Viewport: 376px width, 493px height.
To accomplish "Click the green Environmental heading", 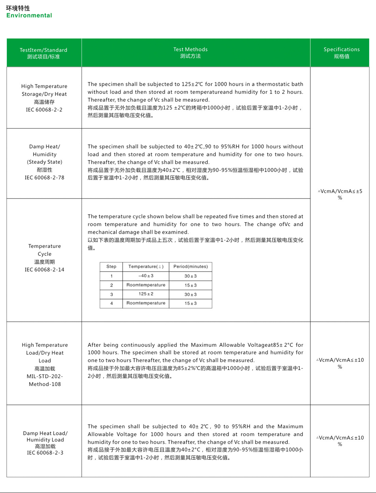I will tap(29, 15).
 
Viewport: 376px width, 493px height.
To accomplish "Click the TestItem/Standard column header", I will tap(44, 50).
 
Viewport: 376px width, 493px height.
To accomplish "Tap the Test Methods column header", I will tap(190, 49).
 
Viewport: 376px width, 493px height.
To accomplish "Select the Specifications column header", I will tap(342, 49).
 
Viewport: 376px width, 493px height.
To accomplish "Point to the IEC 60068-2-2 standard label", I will tap(44, 110).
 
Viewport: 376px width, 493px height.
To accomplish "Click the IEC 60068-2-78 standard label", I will tap(44, 178).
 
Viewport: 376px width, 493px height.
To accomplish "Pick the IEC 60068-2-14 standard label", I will tap(44, 270).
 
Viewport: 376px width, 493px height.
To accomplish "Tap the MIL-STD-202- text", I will tap(45, 376).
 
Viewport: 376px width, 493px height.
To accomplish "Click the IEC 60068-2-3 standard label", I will tap(44, 453).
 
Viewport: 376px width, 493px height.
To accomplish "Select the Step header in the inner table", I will tap(111, 267).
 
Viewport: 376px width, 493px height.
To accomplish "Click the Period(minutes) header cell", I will tap(190, 267).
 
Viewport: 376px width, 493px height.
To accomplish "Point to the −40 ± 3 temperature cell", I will tap(146, 276).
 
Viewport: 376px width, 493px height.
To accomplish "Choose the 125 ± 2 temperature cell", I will tap(146, 294).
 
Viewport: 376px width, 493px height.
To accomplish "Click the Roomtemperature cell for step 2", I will tap(146, 285).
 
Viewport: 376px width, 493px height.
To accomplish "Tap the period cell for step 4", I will tap(190, 304).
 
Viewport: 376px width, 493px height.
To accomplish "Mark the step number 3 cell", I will tap(111, 295).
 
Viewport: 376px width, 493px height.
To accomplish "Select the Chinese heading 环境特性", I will tap(18, 8).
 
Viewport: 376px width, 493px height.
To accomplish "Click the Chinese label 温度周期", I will tap(44, 262).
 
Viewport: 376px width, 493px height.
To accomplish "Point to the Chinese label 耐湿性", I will tap(44, 170).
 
